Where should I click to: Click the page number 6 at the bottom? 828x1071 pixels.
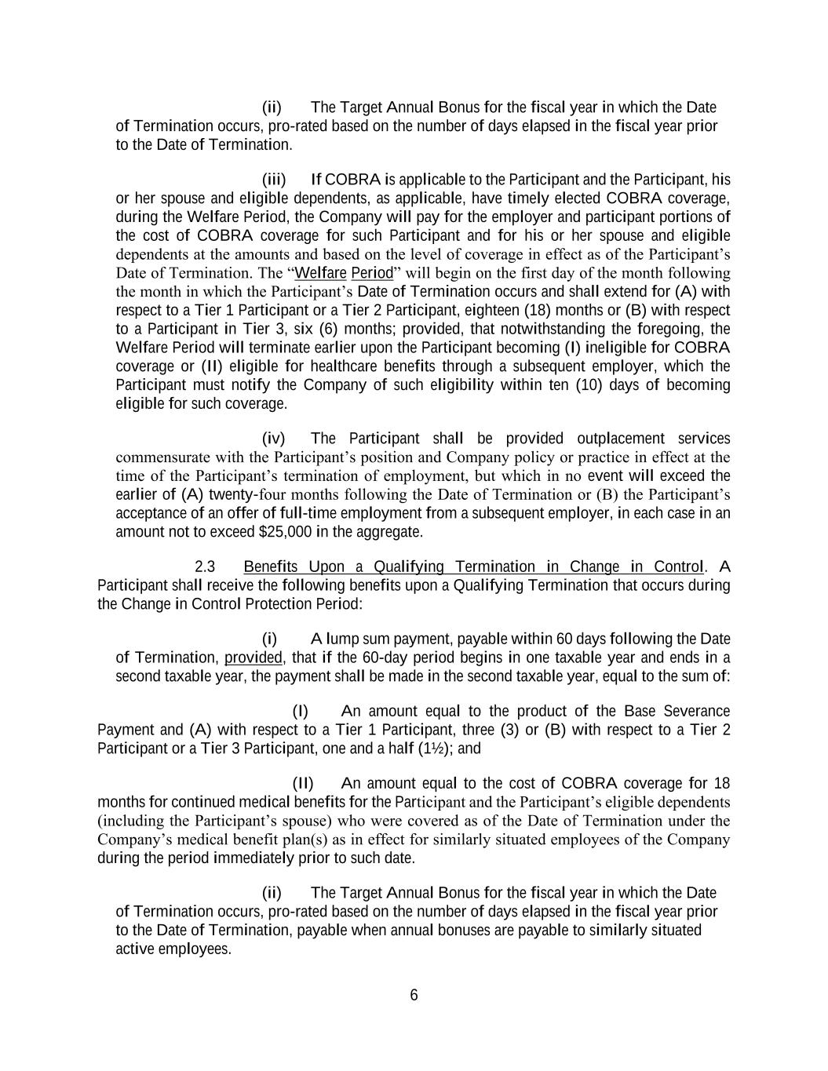coord(414,996)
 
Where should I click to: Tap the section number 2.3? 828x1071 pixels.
coord(205,566)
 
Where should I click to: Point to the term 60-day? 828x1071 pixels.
coord(381,658)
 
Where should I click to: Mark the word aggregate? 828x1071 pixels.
coord(392,532)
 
